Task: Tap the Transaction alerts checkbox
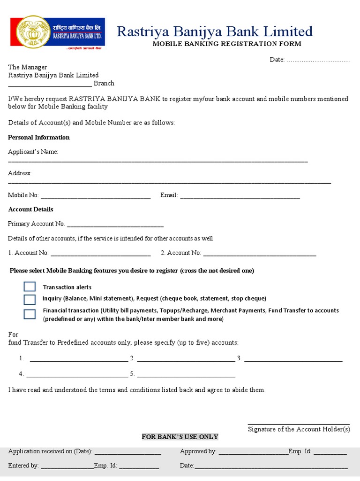tap(30, 287)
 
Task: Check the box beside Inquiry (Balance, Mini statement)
tap(30, 300)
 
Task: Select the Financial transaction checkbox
tap(30, 314)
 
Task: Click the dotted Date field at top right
tap(318, 60)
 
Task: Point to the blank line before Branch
tap(50, 85)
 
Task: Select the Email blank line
tap(240, 196)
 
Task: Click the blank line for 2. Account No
tap(260, 254)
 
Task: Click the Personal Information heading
tap(39, 137)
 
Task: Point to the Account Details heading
tap(30, 209)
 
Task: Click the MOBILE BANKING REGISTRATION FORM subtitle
tap(227, 44)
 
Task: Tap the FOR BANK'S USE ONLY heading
tap(180, 436)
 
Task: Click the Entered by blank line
tap(67, 467)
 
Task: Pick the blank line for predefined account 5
tap(186, 375)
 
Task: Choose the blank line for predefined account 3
tap(293, 360)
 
